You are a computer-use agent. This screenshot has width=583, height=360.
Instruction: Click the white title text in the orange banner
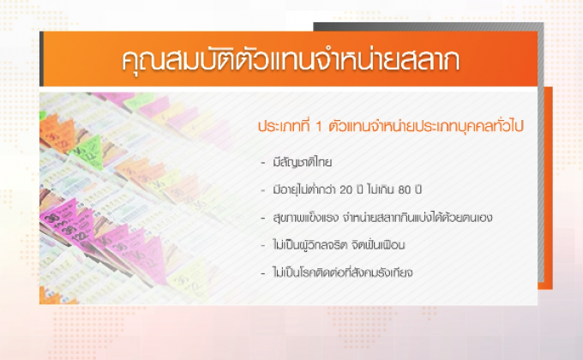click(288, 63)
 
